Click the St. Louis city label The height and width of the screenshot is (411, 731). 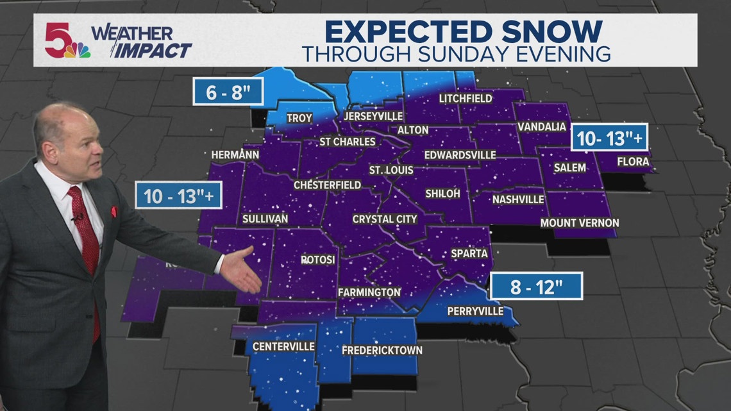tap(391, 171)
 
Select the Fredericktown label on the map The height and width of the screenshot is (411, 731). tap(382, 350)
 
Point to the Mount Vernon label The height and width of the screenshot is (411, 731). tap(580, 223)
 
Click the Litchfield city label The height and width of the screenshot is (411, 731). tap(466, 98)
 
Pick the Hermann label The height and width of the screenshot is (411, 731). tap(235, 155)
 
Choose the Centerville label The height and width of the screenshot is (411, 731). tap(283, 346)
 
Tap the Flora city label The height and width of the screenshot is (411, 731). tap(633, 162)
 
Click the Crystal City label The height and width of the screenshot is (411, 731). tap(385, 219)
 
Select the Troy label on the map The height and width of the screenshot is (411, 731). tap(299, 118)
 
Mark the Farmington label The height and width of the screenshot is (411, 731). tap(369, 292)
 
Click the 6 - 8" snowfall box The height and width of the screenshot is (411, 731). tap(228, 92)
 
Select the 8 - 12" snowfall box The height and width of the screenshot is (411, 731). tap(536, 286)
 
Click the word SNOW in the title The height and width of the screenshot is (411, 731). tap(552, 31)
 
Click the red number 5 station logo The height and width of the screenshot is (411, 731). tap(58, 39)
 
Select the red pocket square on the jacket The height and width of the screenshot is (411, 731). tap(113, 211)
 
